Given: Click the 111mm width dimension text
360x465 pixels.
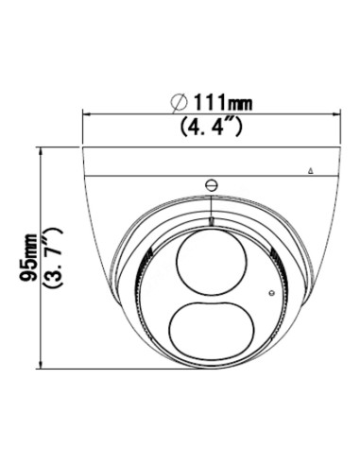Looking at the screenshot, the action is (223, 102).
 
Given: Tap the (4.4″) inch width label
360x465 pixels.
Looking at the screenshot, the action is (212, 127).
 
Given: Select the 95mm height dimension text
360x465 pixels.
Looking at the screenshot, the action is (28, 257).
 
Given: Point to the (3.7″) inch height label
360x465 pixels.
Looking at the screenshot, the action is (53, 257).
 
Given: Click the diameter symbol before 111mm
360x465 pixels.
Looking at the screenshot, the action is (180, 102).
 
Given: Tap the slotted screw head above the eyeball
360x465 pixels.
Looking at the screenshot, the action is (212, 185).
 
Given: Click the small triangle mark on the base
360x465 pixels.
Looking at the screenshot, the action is (311, 171).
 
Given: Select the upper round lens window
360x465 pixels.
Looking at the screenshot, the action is (212, 263).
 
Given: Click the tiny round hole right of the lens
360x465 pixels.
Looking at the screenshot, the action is (271, 293).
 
